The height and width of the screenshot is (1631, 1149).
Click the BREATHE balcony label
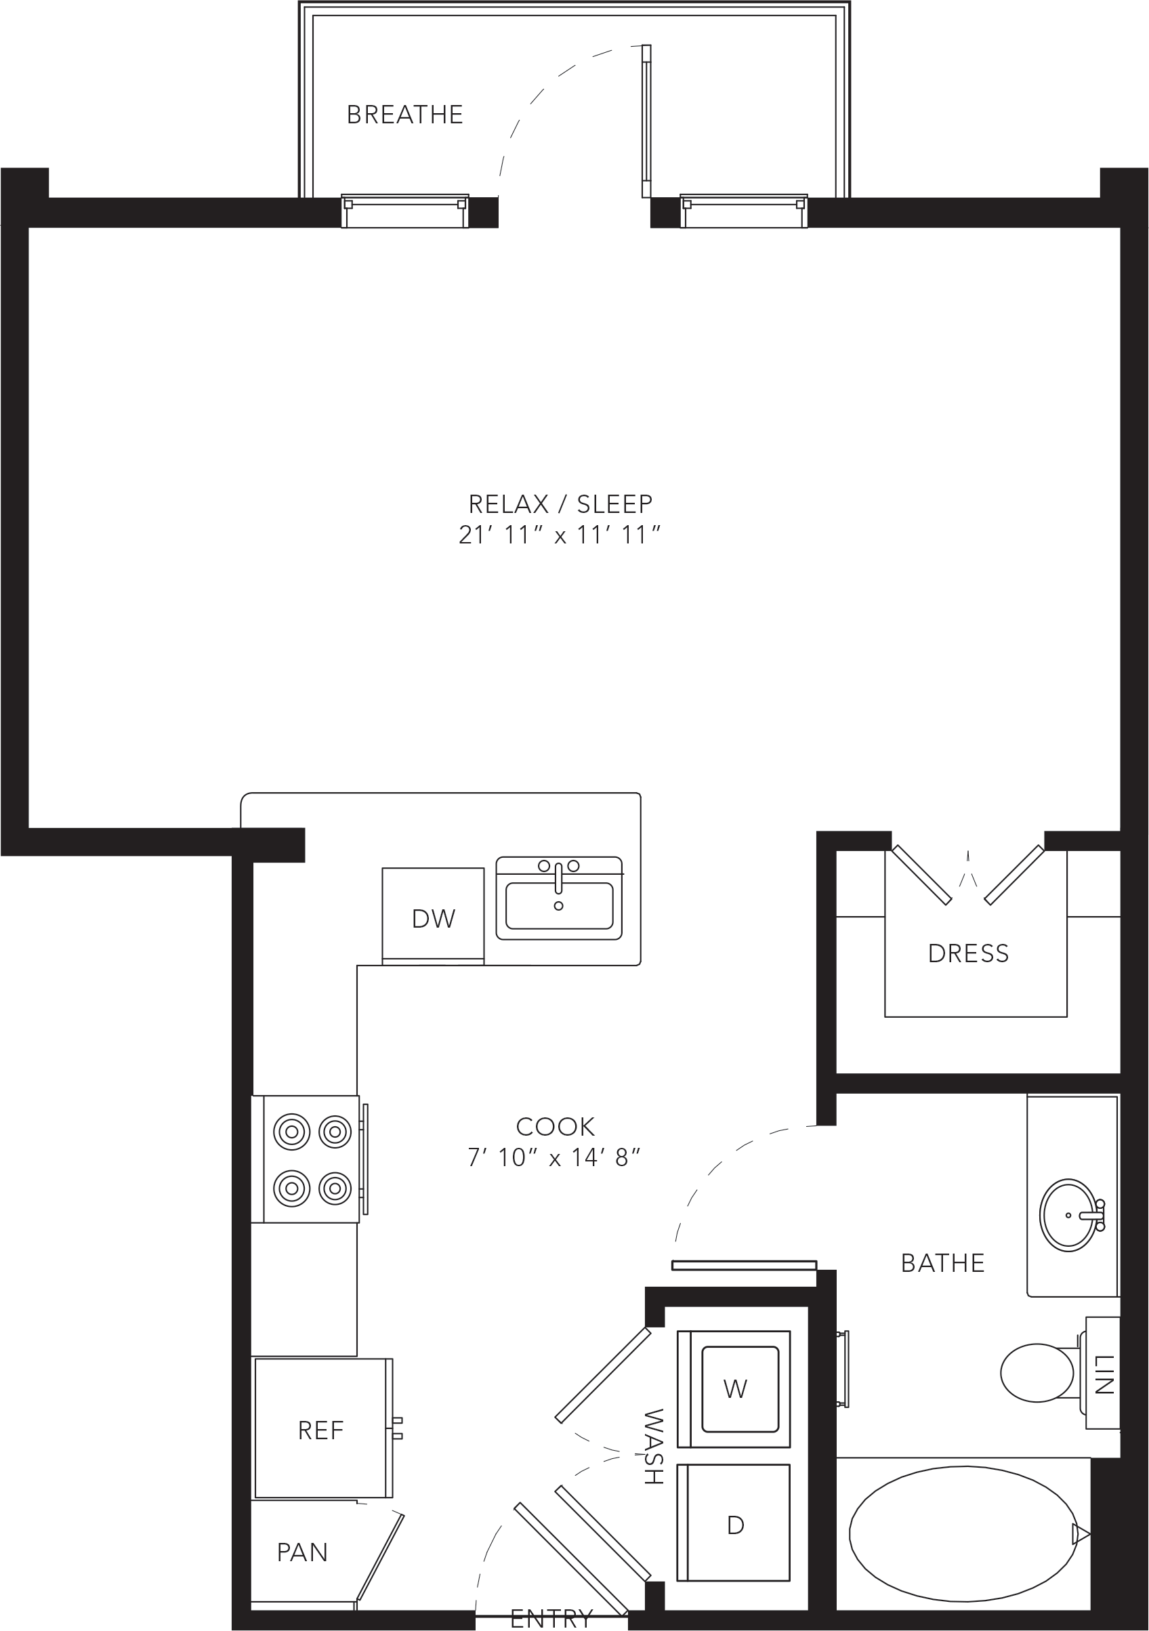[404, 115]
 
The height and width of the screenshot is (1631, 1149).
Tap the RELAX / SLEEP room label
[560, 503]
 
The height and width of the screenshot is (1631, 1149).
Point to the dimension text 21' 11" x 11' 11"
[560, 535]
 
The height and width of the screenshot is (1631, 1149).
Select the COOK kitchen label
[555, 1126]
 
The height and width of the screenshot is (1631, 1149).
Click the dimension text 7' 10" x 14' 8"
[554, 1157]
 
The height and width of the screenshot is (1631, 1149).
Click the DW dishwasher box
[433, 915]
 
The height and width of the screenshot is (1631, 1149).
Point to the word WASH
[652, 1446]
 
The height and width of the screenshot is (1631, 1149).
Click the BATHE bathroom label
[943, 1262]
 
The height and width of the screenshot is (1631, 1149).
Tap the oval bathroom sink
[1068, 1216]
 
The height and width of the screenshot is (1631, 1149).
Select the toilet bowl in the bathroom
[1037, 1372]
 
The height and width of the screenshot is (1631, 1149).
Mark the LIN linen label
[1104, 1375]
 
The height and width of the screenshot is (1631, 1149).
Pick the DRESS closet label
[969, 953]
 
